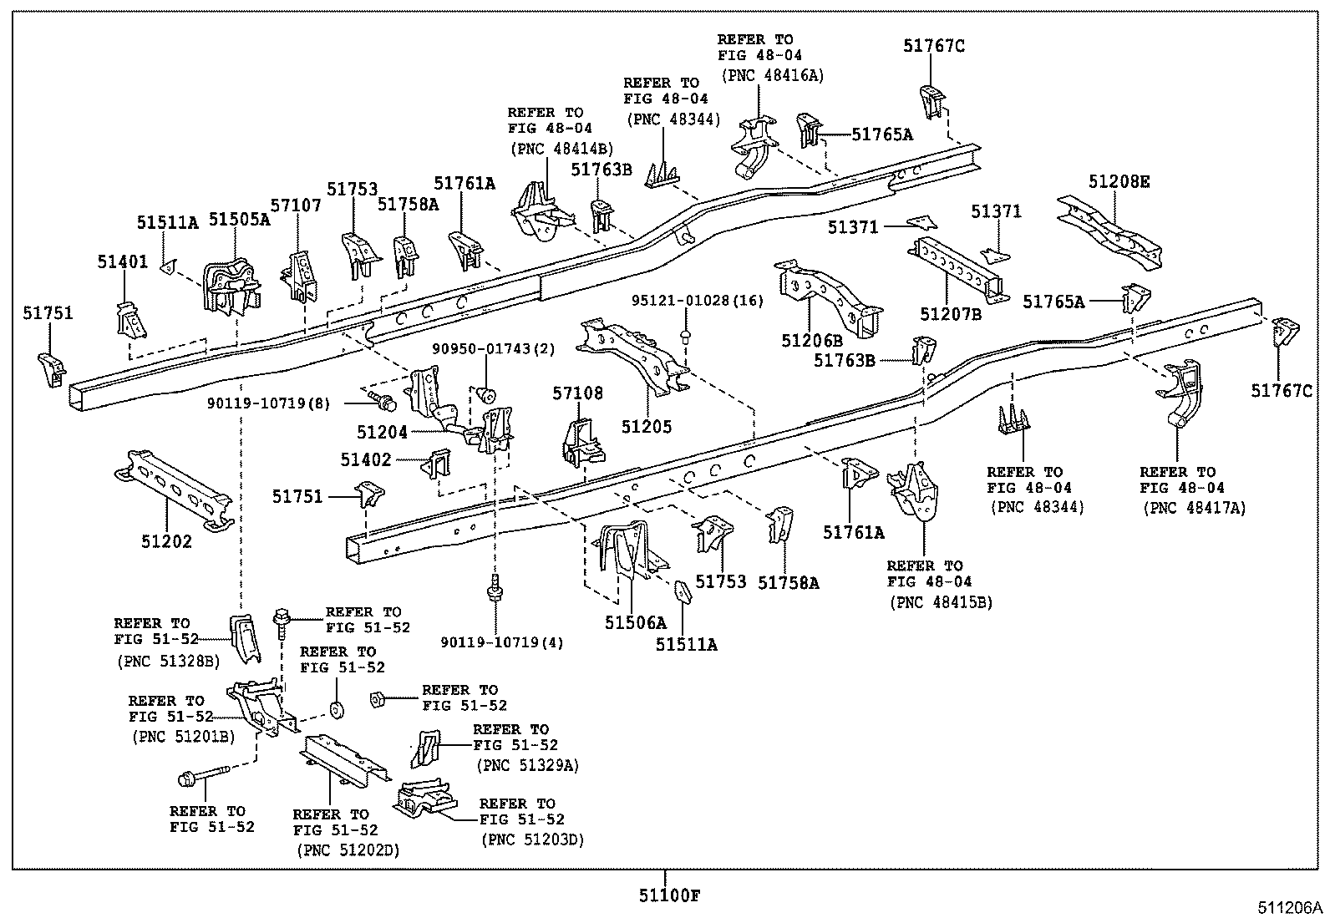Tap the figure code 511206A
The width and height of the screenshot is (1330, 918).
(1292, 907)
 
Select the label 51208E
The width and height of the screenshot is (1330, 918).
(1119, 181)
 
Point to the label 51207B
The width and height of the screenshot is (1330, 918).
(951, 314)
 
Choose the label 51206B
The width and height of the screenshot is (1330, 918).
(812, 340)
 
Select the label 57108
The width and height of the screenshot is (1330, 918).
(576, 393)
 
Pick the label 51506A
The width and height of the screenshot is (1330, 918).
(636, 622)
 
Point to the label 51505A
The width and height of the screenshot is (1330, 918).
(239, 220)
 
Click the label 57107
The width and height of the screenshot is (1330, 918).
(295, 205)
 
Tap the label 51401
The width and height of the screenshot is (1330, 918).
(122, 261)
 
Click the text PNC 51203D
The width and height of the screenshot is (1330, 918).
(531, 839)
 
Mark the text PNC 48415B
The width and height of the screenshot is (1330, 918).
(941, 601)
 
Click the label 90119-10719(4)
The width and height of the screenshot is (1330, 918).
(502, 642)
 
